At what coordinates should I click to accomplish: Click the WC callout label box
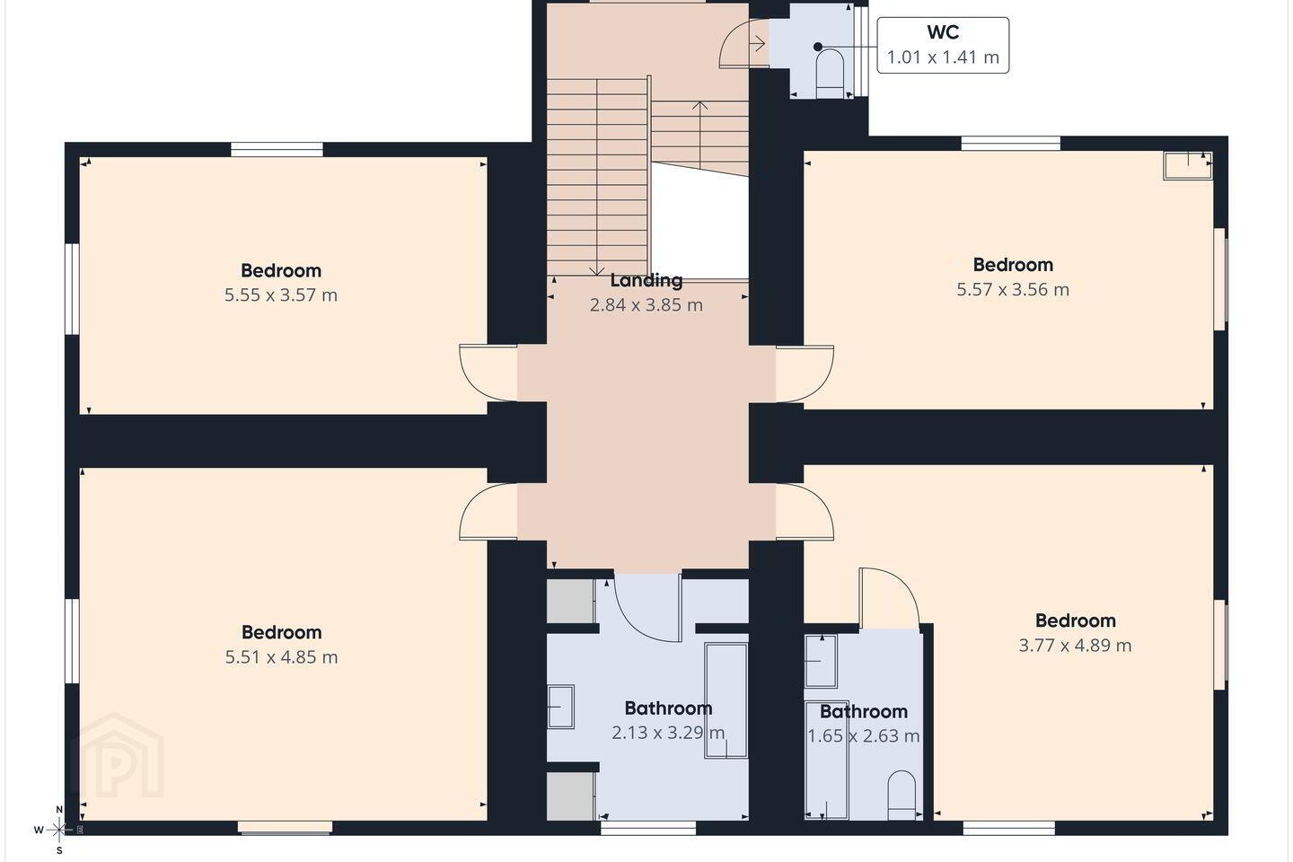click(943, 45)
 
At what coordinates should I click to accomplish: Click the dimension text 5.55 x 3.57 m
click(281, 295)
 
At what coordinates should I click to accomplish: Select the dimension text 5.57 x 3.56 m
click(1013, 289)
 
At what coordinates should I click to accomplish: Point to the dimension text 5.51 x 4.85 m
click(281, 657)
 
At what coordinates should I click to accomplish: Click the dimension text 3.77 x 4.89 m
click(1075, 645)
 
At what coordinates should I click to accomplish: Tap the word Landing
click(646, 280)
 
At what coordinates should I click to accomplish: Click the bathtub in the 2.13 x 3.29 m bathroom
click(726, 700)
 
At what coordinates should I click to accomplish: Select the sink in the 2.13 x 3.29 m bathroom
click(560, 707)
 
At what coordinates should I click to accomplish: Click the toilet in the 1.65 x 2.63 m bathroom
click(902, 795)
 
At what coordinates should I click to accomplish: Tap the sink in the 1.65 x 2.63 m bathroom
click(821, 661)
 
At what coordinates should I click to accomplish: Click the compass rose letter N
click(59, 810)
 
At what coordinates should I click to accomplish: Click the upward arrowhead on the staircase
click(699, 105)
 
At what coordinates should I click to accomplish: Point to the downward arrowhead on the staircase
click(596, 271)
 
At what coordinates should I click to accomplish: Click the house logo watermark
click(117, 755)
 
